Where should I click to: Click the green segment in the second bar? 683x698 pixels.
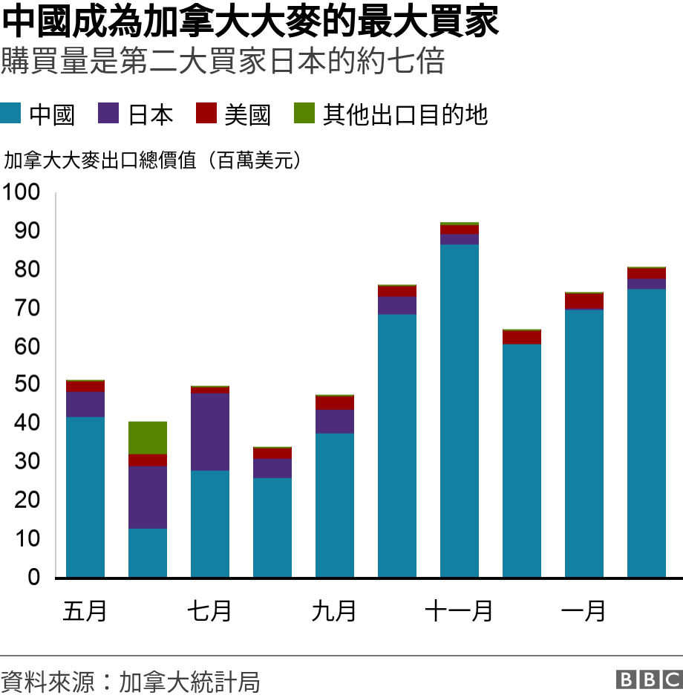[148, 437]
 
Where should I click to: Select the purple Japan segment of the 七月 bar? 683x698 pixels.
[210, 431]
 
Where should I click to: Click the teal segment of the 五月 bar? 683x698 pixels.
[85, 496]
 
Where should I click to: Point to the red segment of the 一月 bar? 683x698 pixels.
[584, 301]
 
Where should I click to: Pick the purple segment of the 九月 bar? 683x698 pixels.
[335, 421]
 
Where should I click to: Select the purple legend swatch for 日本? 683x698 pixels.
[108, 114]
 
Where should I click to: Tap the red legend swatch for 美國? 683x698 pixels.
[206, 114]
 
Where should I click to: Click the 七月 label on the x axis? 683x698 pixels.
[209, 611]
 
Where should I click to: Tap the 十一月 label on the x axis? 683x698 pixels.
[459, 611]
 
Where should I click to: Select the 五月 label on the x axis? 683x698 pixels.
[85, 611]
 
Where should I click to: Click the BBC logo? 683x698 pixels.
[648, 679]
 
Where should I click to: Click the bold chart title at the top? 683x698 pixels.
[250, 22]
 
